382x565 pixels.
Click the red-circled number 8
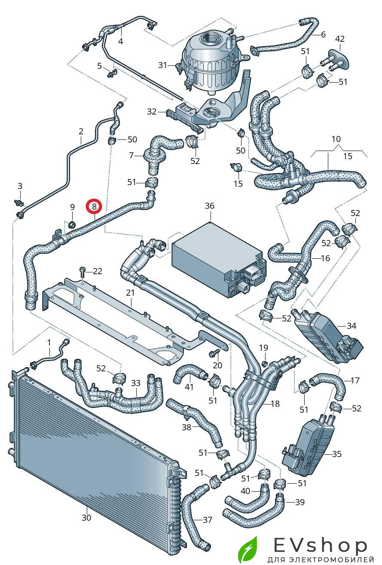(x=94, y=207)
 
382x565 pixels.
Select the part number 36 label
(x=209, y=206)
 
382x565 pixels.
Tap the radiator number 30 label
(x=86, y=518)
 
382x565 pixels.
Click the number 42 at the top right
(x=340, y=39)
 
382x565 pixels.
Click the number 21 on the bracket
(x=130, y=293)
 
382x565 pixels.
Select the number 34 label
(x=351, y=326)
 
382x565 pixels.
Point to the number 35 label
(x=337, y=454)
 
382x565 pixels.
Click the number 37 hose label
(x=208, y=520)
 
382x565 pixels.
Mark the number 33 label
(x=136, y=383)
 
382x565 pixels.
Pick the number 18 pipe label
(x=275, y=404)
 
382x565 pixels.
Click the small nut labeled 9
(x=72, y=223)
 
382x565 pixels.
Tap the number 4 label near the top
(x=121, y=41)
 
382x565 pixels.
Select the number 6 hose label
(x=324, y=34)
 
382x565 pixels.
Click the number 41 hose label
(x=189, y=387)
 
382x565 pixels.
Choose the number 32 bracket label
(x=152, y=111)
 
